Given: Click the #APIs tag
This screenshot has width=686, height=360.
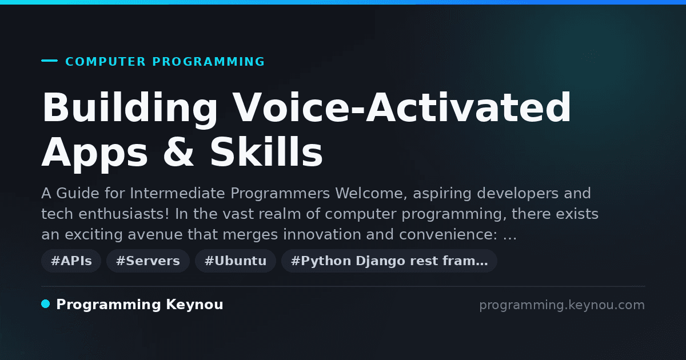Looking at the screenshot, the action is click(71, 261).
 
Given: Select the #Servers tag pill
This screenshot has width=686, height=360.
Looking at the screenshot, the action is click(148, 261).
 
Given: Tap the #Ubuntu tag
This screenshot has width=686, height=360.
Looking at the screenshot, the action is click(236, 261).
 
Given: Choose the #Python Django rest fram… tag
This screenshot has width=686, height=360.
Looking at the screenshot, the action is click(389, 261).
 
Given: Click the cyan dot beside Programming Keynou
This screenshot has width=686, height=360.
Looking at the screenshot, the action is click(46, 304).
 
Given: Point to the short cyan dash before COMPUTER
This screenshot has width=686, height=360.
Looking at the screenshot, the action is click(49, 61).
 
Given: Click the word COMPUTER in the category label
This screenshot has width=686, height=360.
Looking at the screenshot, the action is click(106, 62).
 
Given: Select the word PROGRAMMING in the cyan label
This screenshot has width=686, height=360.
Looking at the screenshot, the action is click(209, 62).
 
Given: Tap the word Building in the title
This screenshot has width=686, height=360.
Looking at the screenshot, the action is click(130, 109).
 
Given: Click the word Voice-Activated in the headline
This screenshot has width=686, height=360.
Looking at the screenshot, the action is click(402, 107).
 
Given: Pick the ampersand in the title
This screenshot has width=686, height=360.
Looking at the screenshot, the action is click(178, 151).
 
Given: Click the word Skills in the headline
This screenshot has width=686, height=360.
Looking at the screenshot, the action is click(266, 151).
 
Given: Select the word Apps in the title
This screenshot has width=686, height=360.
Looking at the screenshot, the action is click(95, 154).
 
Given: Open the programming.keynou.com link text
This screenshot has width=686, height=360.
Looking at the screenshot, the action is click(562, 305).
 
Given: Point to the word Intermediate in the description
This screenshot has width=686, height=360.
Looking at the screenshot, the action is click(178, 193).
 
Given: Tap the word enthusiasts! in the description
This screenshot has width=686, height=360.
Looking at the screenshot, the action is click(123, 214).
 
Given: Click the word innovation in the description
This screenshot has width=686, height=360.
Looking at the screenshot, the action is click(322, 234).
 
